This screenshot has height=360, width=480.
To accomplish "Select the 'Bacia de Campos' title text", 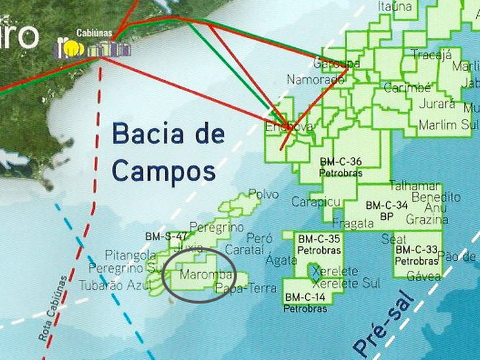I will [x=168, y=153].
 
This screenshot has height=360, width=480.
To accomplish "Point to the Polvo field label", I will [x=264, y=195].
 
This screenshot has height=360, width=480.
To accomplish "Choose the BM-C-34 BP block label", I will [x=387, y=210].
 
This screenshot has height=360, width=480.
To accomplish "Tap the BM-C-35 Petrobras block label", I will [x=318, y=244].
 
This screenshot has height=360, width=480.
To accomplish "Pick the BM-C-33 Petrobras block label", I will [x=416, y=255].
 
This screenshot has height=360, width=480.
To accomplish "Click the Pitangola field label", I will [x=130, y=254].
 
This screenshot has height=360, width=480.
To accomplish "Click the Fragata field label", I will [x=353, y=223].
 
